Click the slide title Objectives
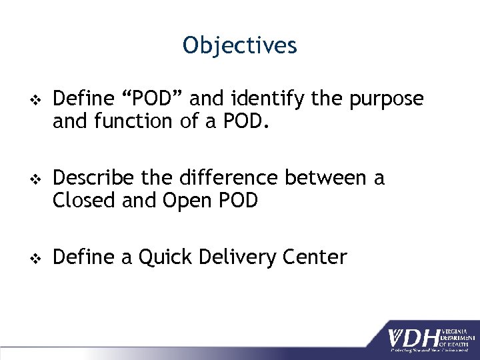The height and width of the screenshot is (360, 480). (240, 45)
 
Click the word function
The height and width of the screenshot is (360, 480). (136, 121)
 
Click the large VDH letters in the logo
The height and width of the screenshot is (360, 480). (414, 333)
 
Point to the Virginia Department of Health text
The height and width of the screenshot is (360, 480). (455, 333)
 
